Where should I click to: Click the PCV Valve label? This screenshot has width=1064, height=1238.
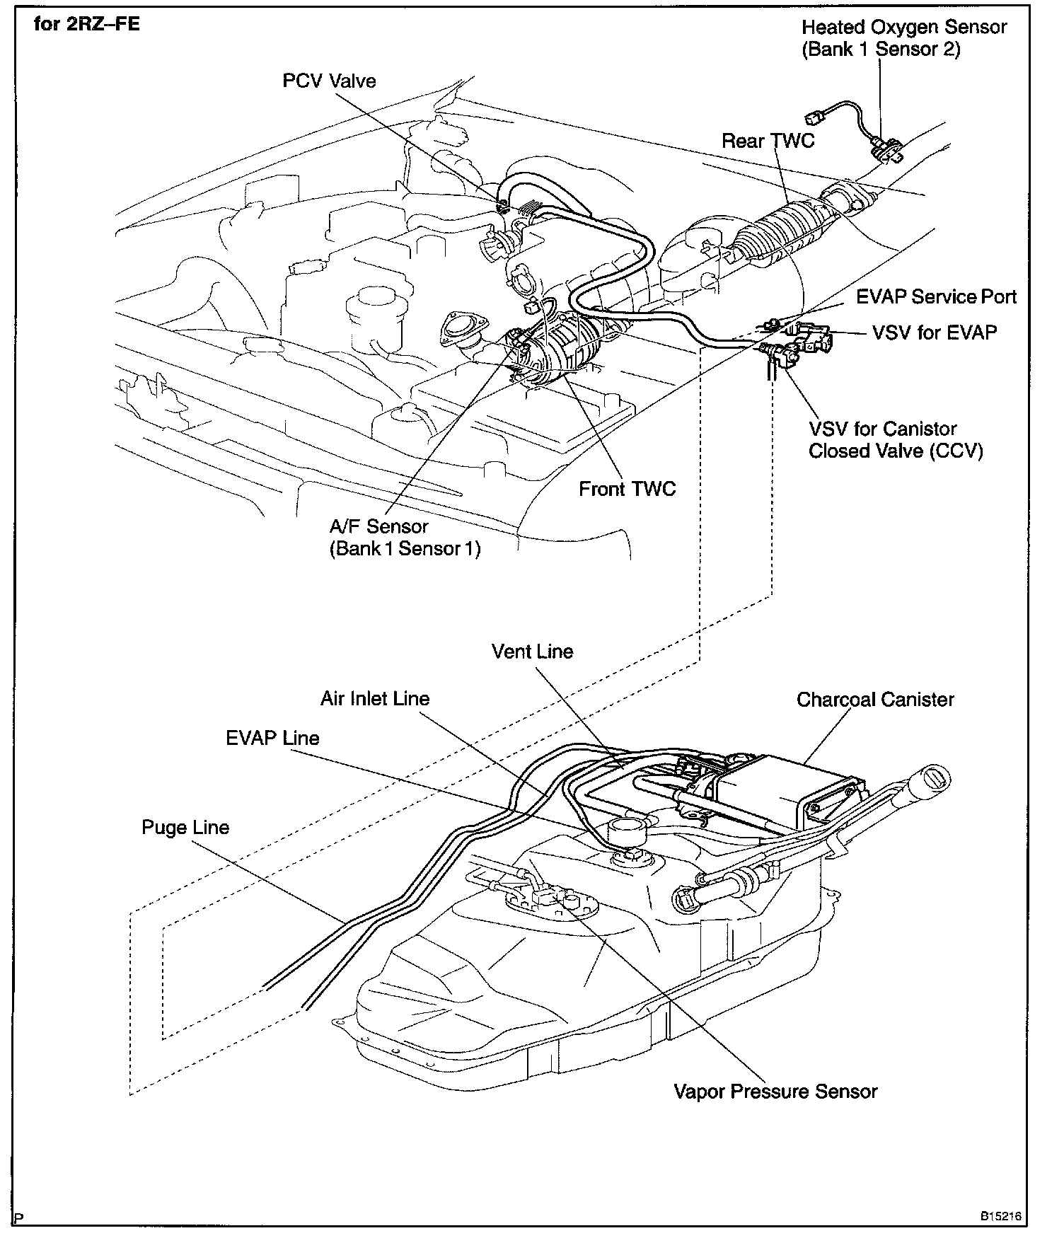[x=329, y=81]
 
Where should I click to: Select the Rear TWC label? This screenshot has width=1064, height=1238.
[x=768, y=141]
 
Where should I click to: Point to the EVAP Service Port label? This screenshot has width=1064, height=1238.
[x=936, y=296]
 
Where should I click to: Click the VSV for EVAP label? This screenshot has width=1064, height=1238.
[x=935, y=332]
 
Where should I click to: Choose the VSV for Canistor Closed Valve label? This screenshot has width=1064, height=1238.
[x=896, y=439]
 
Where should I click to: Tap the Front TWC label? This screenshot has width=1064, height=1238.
[x=627, y=489]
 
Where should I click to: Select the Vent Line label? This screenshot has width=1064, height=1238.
[x=532, y=652]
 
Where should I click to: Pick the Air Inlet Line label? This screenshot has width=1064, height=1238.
[x=375, y=699]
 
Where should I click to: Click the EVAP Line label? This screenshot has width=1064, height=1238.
[x=272, y=739]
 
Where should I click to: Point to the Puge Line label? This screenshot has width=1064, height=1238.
[x=185, y=828]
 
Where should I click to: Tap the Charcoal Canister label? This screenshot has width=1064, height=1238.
[x=875, y=700]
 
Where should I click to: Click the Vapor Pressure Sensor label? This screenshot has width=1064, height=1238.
[x=775, y=1092]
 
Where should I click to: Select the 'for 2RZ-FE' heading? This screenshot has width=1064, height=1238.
[x=87, y=24]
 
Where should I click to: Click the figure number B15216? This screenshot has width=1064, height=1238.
[x=1000, y=1217]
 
